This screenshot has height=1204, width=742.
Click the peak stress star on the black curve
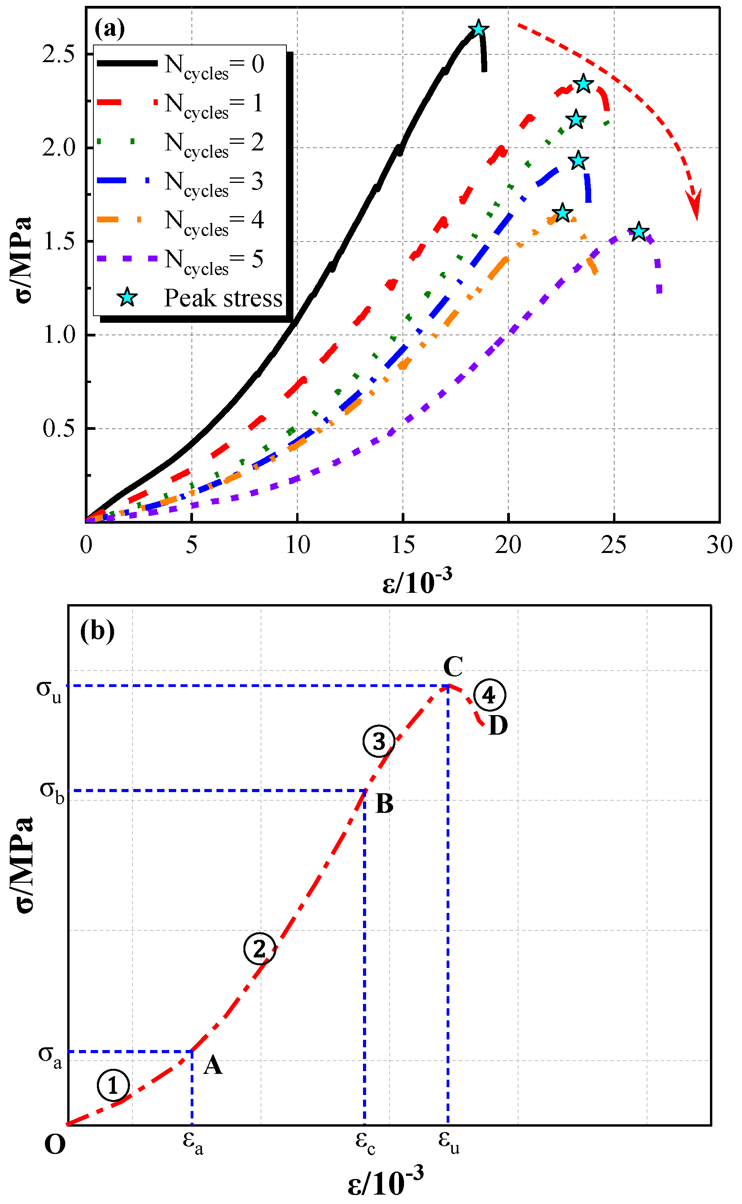tap(479, 29)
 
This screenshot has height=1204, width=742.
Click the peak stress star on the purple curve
tap(638, 231)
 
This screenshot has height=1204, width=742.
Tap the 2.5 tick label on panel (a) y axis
tap(58, 54)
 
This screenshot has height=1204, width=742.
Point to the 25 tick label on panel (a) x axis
tap(613, 545)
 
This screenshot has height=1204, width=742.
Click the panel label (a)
tap(109, 28)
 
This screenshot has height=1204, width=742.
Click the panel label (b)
tap(97, 630)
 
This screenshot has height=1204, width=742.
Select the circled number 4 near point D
tap(489, 695)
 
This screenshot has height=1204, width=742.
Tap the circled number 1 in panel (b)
tap(113, 1086)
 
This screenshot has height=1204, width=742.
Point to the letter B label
tap(385, 804)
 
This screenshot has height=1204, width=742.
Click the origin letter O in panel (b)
tap(54, 1145)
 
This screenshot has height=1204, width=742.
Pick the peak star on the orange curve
tap(562, 213)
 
